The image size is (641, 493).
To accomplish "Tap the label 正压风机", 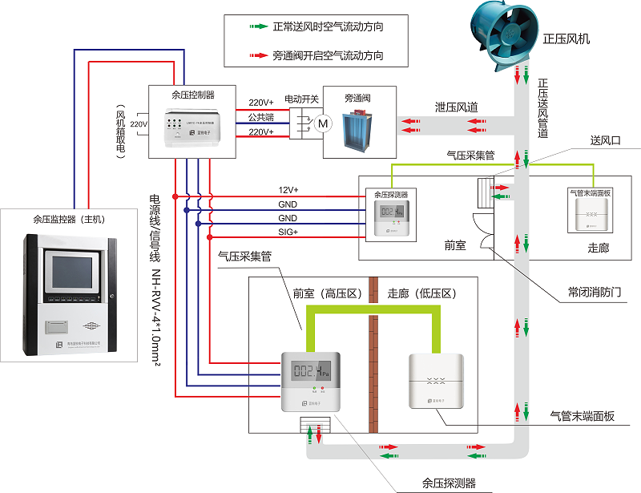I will coord(566,38).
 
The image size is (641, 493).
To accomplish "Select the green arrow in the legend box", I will coord(256,26).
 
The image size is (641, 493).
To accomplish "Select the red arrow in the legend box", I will coord(256,56).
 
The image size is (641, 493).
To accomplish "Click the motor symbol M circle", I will coord(323,124).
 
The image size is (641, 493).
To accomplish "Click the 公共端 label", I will coord(260,117).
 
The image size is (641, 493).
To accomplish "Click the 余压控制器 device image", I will coord(192,126).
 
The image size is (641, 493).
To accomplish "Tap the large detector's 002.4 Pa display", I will coord(311,372).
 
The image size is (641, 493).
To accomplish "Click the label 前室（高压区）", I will coord(329,294).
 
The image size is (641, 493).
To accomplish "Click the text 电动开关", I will coord(302,99).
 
